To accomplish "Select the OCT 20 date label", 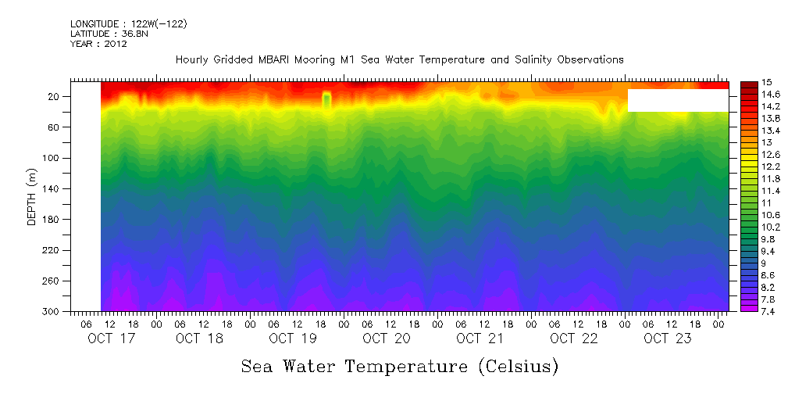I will click(386, 338).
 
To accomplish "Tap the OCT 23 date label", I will click(667, 338).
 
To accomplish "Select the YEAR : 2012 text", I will click(98, 44).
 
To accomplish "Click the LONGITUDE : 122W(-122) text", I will click(128, 23).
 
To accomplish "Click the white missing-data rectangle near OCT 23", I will click(678, 100).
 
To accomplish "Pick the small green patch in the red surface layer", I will click(326, 100).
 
